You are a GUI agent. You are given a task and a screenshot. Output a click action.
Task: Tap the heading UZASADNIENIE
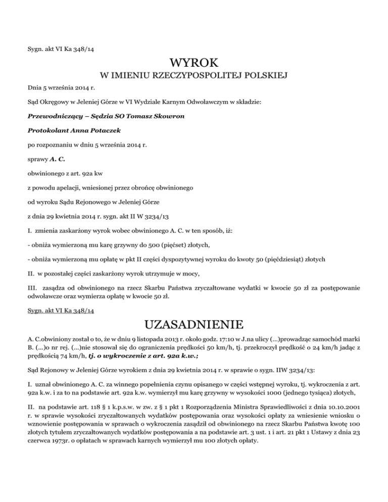tap(194, 324)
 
